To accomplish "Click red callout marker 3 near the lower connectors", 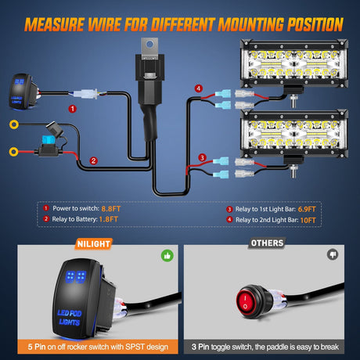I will coord(203,157).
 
